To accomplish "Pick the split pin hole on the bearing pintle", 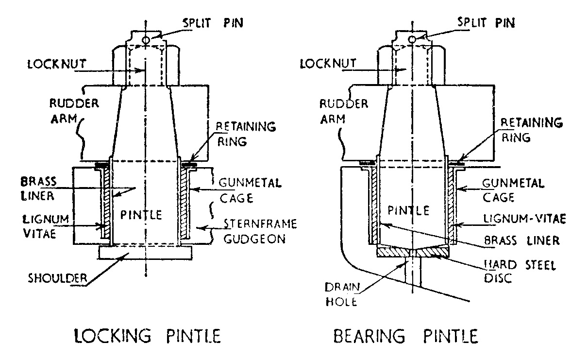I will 412,39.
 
